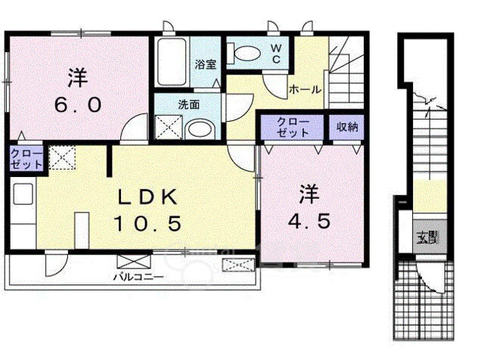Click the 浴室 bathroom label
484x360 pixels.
tap(206, 64)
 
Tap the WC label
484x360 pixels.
tap(277, 53)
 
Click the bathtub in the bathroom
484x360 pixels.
tap(172, 62)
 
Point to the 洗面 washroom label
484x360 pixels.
tap(188, 104)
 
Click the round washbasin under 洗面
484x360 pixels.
tap(200, 129)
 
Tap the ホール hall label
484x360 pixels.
tap(305, 90)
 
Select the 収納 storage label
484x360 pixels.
tap(347, 126)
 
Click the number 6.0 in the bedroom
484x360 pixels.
tap(78, 105)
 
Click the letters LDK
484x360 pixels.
tap(148, 197)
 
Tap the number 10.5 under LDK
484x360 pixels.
tap(147, 223)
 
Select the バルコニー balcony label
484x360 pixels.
tap(138, 277)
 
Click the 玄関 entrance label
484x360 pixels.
tap(427, 237)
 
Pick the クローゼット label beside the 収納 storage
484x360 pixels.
tap(293, 127)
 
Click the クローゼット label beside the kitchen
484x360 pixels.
tap(26, 159)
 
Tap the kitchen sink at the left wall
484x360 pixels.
tap(23, 194)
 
